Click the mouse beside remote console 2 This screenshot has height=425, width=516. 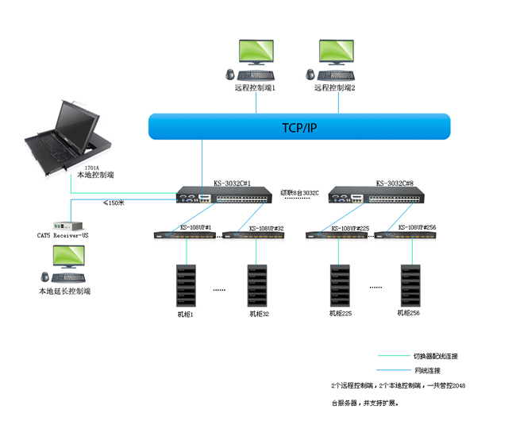pyautogui.click(x=310, y=75)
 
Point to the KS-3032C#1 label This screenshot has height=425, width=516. pyautogui.click(x=232, y=183)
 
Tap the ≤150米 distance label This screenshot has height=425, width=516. pyautogui.click(x=114, y=203)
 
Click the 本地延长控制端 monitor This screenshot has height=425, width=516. pyautogui.click(x=67, y=259)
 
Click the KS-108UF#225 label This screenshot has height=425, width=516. pyautogui.click(x=352, y=228)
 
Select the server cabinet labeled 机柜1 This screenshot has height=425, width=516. pyautogui.click(x=186, y=286)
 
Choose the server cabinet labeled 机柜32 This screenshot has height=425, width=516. pyautogui.click(x=257, y=286)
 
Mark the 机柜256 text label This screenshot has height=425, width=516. pyautogui.click(x=408, y=313)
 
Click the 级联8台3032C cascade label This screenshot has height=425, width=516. pyautogui.click(x=299, y=192)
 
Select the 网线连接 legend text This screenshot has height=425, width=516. pyautogui.click(x=426, y=371)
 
